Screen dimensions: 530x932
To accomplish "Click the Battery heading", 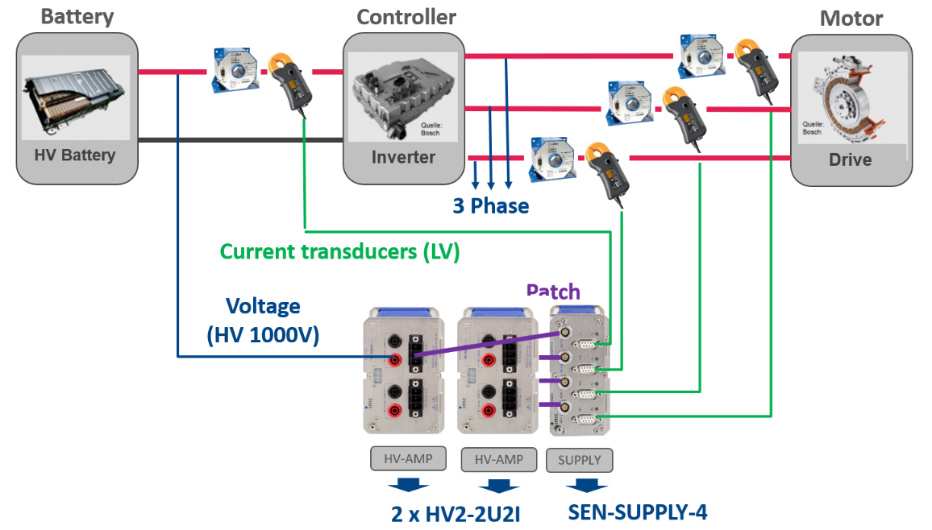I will click(x=77, y=17).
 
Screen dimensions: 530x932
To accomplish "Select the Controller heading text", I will click(x=406, y=17).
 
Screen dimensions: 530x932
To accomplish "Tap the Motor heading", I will click(x=851, y=19).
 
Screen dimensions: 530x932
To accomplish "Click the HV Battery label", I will click(x=74, y=155).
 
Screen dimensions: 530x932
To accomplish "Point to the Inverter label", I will click(x=403, y=157).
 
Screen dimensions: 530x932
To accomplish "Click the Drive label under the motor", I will click(x=850, y=159).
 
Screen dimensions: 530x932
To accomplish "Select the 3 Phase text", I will click(x=490, y=206).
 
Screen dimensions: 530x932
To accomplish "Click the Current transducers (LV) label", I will click(x=339, y=252).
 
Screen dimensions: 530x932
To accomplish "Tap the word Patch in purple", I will click(x=553, y=292).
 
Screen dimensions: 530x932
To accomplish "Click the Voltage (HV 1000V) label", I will click(x=263, y=321).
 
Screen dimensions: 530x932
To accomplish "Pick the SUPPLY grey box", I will click(x=579, y=460).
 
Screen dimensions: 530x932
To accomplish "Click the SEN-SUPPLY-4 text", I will click(x=637, y=511).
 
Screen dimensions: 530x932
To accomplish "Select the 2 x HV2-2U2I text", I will click(x=456, y=513).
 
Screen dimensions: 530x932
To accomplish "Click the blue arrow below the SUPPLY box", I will click(x=585, y=486).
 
